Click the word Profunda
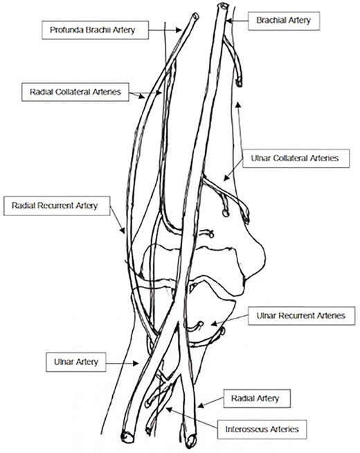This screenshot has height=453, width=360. tap(66, 30)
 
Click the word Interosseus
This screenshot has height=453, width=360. tap(243, 429)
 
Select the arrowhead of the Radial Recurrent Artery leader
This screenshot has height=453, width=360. tap(125, 236)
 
